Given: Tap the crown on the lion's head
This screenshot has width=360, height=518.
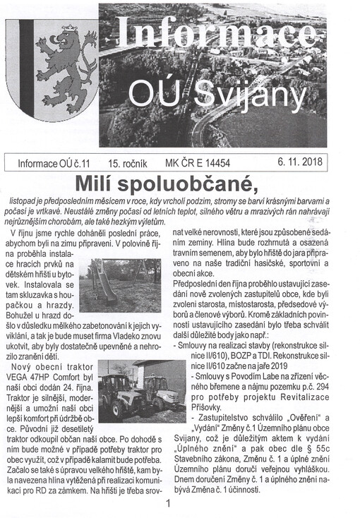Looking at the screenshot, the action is click(x=68, y=32).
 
